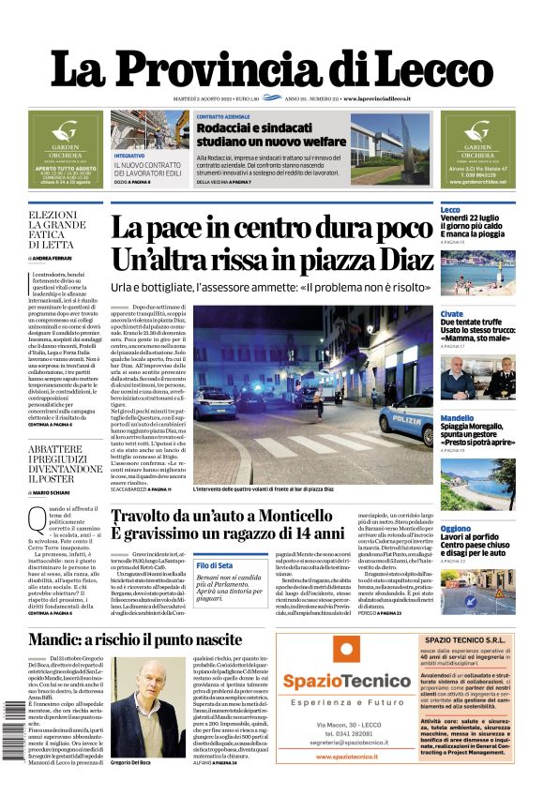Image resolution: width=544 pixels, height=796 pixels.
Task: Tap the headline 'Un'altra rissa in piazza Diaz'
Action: click(x=273, y=259)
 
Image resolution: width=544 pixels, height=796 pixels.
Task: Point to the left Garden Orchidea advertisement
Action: click(x=66, y=149)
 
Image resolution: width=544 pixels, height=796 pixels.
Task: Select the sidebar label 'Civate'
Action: click(x=451, y=313)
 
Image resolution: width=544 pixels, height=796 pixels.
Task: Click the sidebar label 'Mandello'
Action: click(x=457, y=417)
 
